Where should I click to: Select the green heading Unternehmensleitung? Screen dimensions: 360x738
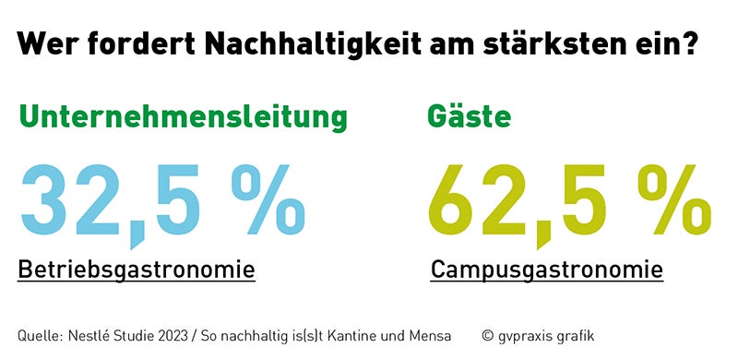coord(184,117)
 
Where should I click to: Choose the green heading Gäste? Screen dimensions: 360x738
coord(469,117)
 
